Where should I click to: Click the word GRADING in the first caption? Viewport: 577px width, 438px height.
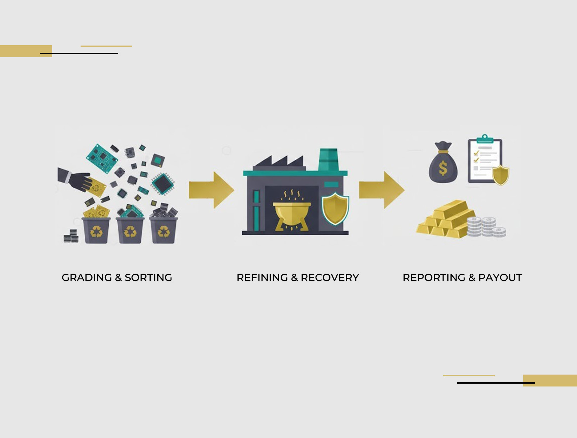point(87,278)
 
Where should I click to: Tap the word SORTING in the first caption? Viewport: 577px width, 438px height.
point(148,278)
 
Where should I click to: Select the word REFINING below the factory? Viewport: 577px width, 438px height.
point(262,278)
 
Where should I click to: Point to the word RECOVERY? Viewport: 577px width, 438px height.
point(330,278)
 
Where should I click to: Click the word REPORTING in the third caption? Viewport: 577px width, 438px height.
point(434,278)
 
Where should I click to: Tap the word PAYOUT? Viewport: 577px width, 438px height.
point(500,278)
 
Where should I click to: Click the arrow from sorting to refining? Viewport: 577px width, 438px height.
point(211,190)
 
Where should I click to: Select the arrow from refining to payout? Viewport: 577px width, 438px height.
point(382,190)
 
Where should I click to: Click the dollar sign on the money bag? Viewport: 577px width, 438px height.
point(443,168)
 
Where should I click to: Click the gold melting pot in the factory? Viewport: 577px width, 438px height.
point(291,212)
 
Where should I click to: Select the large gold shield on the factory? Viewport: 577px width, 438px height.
point(335,208)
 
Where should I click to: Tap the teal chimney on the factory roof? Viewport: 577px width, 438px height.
point(328,159)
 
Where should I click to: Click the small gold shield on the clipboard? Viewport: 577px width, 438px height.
point(500,175)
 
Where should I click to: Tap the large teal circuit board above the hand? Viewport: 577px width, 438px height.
point(102,158)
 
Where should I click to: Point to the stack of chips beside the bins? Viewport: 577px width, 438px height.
point(71,237)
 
